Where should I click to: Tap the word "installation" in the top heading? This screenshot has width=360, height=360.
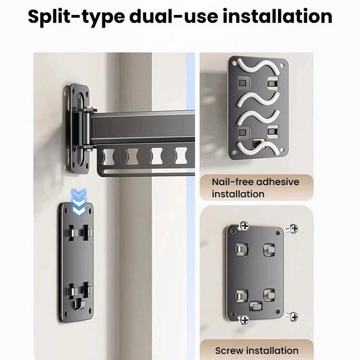278,16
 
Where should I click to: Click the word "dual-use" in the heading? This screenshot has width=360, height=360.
174,16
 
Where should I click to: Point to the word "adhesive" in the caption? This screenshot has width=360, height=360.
278,182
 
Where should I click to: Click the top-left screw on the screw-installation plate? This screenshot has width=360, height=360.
244,226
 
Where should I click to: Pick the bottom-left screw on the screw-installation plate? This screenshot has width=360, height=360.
244,319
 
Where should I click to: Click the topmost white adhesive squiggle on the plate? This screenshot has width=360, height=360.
258,66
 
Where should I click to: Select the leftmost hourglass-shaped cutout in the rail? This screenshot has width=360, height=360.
109,157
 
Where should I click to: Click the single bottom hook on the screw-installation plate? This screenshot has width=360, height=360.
256,306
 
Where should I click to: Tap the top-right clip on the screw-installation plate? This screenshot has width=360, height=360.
269,249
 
